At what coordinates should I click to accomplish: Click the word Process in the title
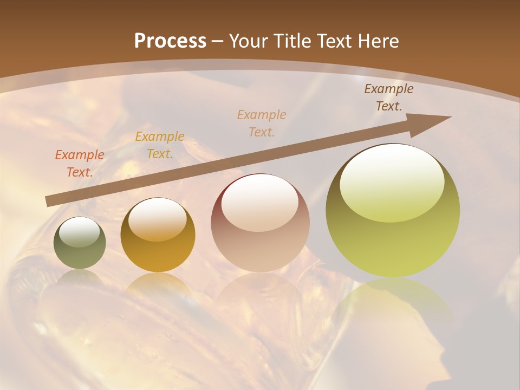(x=170, y=41)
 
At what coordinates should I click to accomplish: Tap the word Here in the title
(x=377, y=41)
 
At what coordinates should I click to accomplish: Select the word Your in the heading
(x=248, y=41)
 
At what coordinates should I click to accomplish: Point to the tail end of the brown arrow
(x=48, y=201)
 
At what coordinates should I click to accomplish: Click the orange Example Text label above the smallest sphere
(x=80, y=163)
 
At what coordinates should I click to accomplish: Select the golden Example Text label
(x=160, y=145)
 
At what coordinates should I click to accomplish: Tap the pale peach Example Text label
(x=262, y=123)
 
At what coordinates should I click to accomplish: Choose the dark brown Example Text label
(x=388, y=97)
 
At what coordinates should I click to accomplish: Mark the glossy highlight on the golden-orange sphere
(x=157, y=219)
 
